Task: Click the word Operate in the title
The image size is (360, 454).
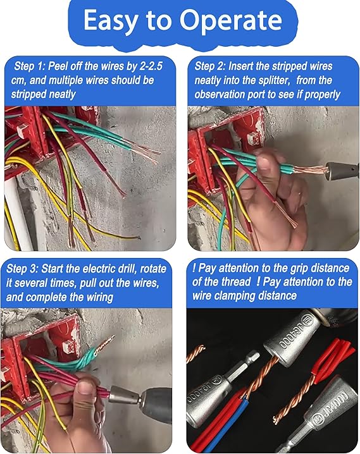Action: [x=231, y=21]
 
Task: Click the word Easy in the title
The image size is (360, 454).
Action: [x=111, y=21]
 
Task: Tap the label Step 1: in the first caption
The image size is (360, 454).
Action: [x=29, y=66]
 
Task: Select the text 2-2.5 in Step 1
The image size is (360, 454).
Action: [x=151, y=66]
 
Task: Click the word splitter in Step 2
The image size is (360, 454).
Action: [x=273, y=80]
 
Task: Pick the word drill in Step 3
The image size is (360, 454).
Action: [x=128, y=269]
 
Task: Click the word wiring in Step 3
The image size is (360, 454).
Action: [x=100, y=297]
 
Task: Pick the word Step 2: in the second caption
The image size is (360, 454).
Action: [x=209, y=66]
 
